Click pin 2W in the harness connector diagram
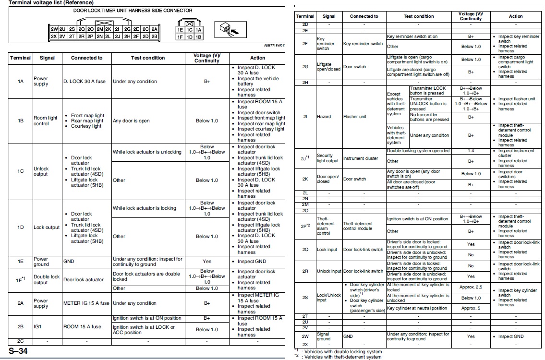tap(54, 29)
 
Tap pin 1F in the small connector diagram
tap(180, 36)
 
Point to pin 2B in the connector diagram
tap(154, 36)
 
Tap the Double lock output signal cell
tap(46, 279)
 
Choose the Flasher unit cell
tap(355, 117)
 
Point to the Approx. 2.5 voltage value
tap(471, 287)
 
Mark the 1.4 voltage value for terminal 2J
tap(471, 151)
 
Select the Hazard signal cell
tap(324, 117)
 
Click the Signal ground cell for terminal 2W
tap(323, 336)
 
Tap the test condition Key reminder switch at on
tap(412, 36)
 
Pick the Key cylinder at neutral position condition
tap(417, 308)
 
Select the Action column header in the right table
tap(516, 16)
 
